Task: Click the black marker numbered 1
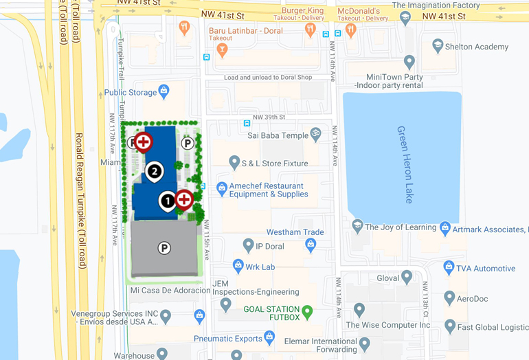coord(167,201)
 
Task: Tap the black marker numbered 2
coord(155,171)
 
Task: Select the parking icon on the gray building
coord(164,248)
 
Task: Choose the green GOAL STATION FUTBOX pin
coord(308,312)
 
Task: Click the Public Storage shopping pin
coord(164,91)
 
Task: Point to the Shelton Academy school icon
coord(438,46)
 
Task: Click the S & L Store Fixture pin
coord(234,163)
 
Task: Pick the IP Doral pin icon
coord(249,245)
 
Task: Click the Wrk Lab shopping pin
coord(238,265)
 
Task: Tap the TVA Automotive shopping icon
coord(449,267)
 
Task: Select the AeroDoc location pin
coord(449,297)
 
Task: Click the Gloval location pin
coord(407,277)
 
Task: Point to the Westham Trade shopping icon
coord(311,244)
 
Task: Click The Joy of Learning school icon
coord(357,226)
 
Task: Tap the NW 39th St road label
coord(271,117)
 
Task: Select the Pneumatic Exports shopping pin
coord(269,337)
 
